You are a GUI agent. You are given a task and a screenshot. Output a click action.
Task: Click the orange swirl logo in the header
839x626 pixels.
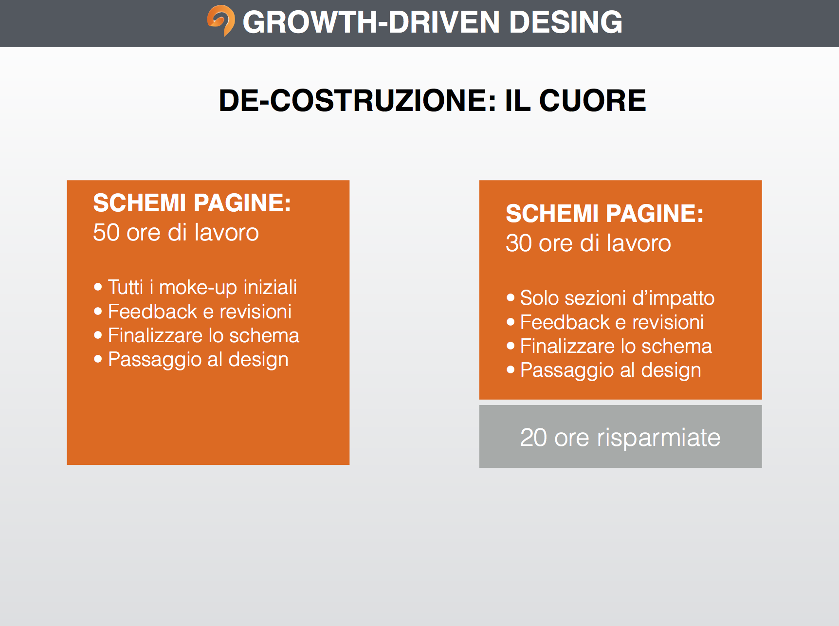click(x=221, y=20)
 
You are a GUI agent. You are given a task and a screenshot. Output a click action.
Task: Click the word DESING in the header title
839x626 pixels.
click(x=565, y=22)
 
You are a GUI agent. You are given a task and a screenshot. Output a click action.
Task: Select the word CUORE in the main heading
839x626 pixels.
click(x=592, y=101)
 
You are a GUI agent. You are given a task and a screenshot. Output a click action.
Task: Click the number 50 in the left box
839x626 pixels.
click(x=106, y=233)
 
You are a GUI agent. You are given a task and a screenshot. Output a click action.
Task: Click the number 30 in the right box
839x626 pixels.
click(x=519, y=243)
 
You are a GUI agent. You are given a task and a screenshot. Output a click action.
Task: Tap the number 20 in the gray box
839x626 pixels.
click(x=533, y=438)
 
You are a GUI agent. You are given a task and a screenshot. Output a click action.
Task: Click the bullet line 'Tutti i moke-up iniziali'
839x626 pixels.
click(x=196, y=287)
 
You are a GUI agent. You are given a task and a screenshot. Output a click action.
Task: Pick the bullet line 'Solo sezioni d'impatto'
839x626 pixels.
click(x=611, y=298)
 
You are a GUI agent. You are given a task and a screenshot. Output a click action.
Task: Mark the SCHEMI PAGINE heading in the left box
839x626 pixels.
click(x=192, y=203)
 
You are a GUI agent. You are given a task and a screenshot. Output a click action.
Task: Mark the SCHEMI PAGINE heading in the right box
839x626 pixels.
click(x=605, y=214)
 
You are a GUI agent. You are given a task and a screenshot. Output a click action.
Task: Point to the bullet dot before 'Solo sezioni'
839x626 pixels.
click(x=511, y=297)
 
